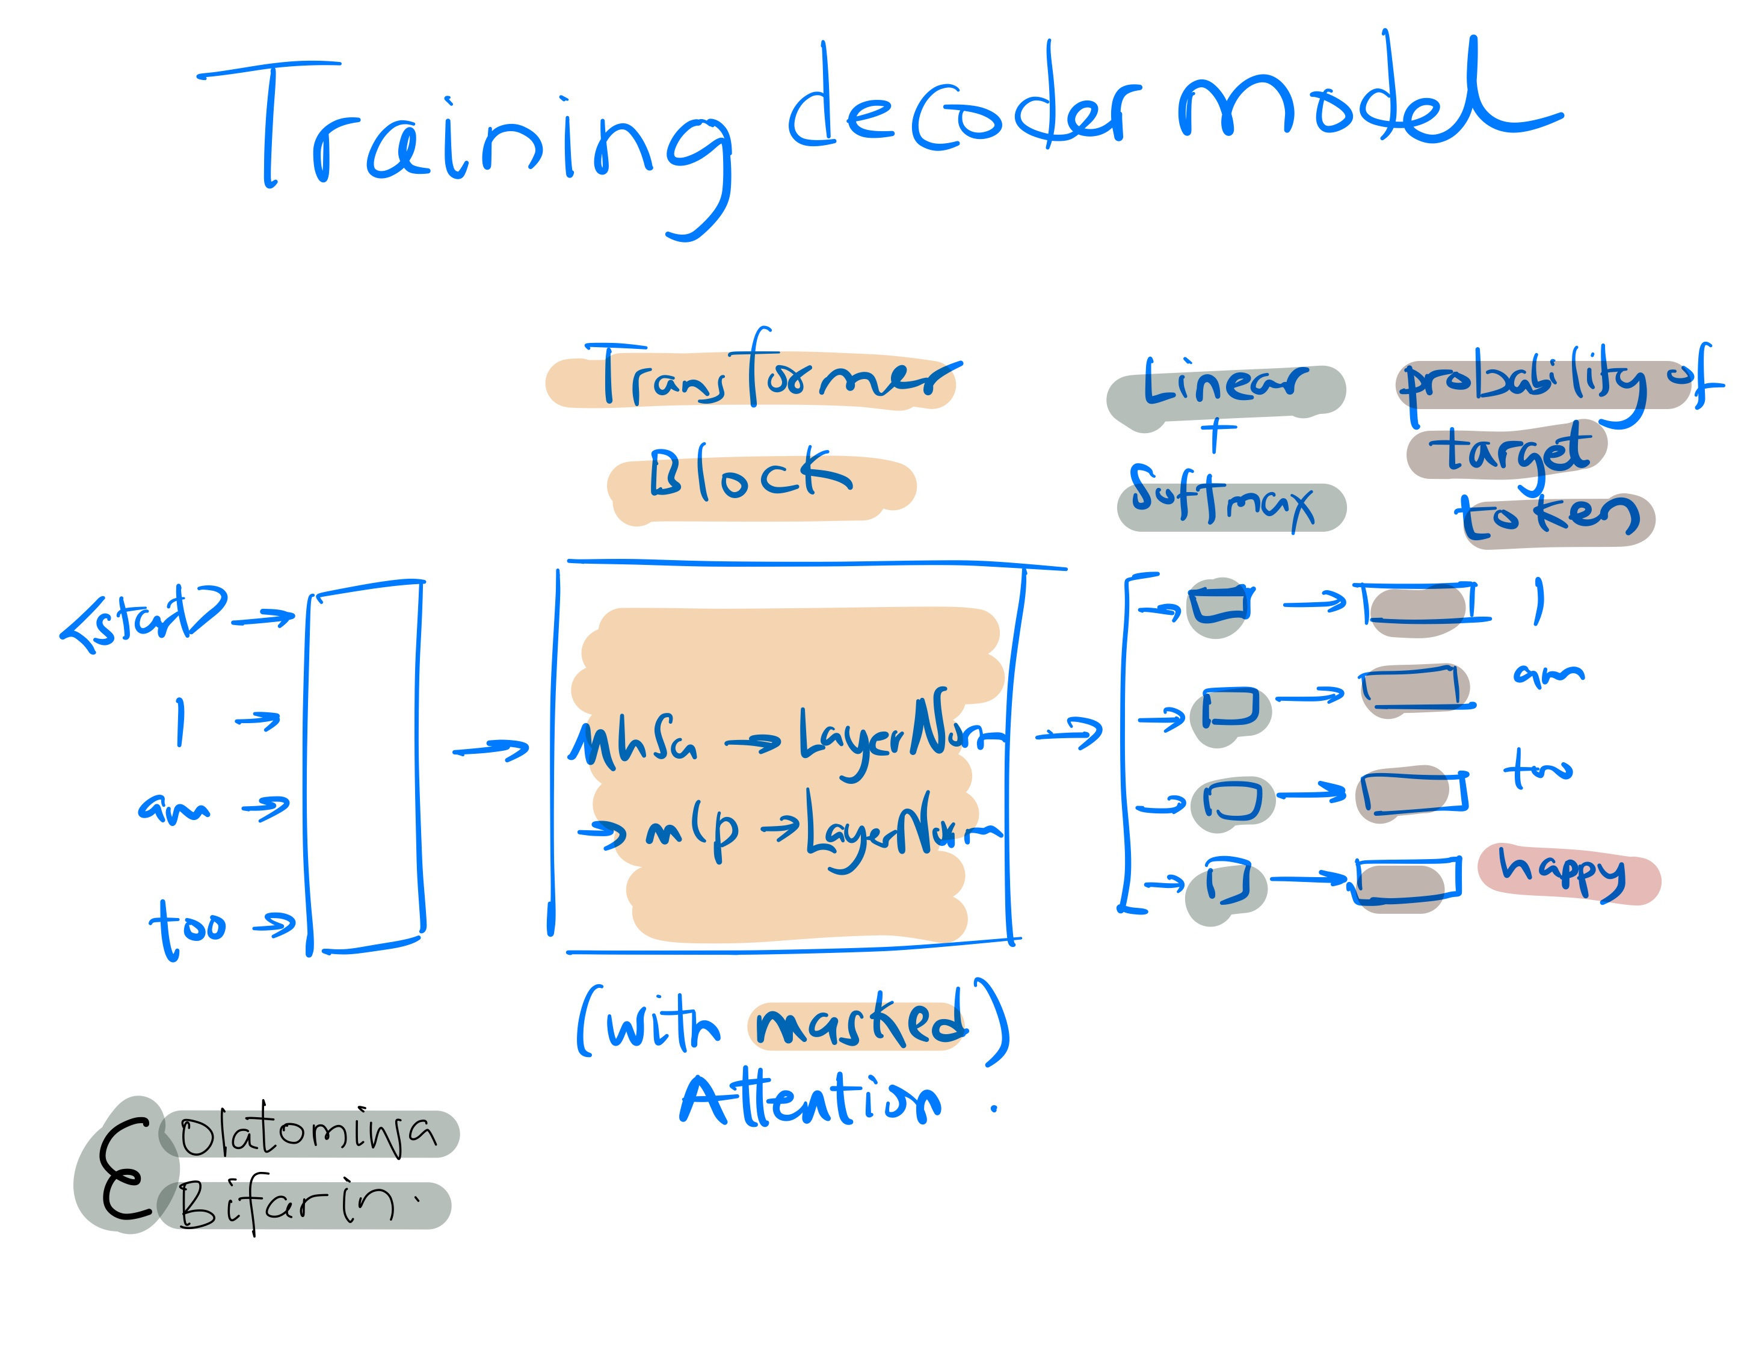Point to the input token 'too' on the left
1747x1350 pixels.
pyautogui.click(x=188, y=928)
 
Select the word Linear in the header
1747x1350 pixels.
pyautogui.click(x=1224, y=384)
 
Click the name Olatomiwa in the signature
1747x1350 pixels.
pyautogui.click(x=308, y=1134)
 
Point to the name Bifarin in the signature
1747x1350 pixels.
pyautogui.click(x=288, y=1204)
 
